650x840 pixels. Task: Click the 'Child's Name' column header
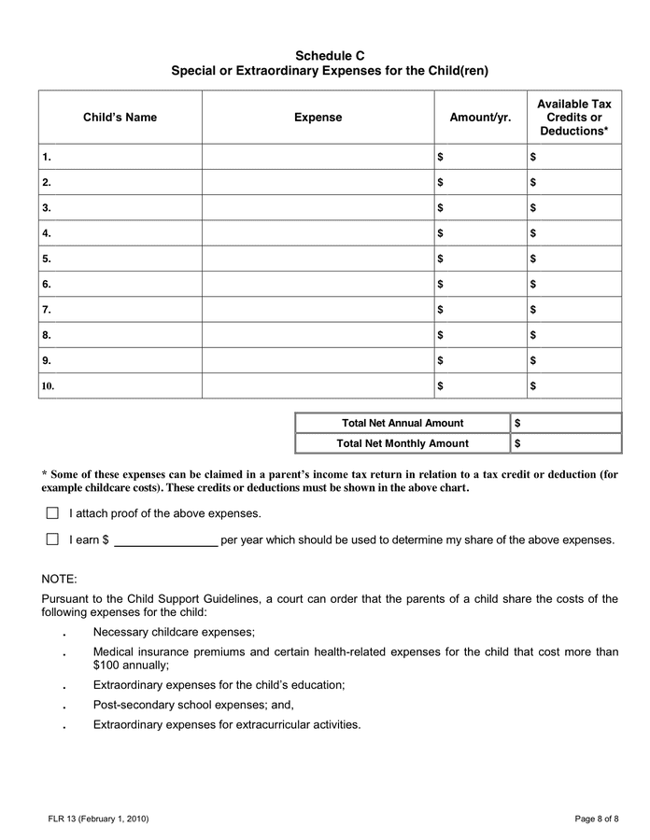[120, 118]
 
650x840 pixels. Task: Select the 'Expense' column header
[318, 118]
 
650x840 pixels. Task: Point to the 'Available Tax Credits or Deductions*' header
[573, 118]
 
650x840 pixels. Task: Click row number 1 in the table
[47, 157]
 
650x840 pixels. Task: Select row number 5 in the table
[47, 259]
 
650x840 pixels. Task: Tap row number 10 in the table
[49, 385]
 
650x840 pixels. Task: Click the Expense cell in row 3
[318, 207]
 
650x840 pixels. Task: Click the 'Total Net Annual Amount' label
[403, 423]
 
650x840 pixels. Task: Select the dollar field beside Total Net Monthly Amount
[566, 443]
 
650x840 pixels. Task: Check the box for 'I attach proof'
[52, 513]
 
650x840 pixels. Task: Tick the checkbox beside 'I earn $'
[52, 539]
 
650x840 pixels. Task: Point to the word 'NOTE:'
[60, 579]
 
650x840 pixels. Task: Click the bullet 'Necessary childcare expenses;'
[174, 632]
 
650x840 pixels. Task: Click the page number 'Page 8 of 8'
[596, 819]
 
